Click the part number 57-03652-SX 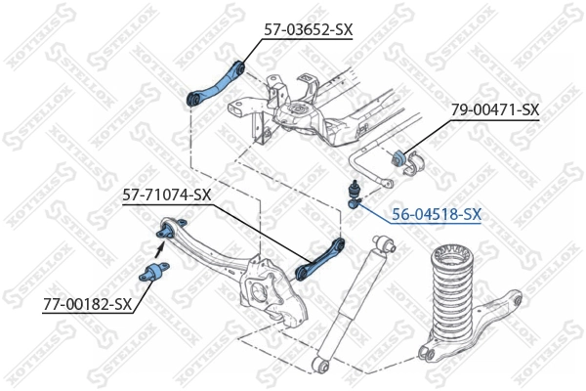pyautogui.click(x=308, y=30)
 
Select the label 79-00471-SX pyautogui.click(x=494, y=110)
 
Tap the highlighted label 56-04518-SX pyautogui.click(x=436, y=214)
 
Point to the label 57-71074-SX pyautogui.click(x=166, y=195)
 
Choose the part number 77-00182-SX pyautogui.click(x=87, y=305)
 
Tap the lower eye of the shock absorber pyautogui.click(x=323, y=365)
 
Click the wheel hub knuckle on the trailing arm pyautogui.click(x=270, y=292)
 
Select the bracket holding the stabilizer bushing pyautogui.click(x=410, y=160)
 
